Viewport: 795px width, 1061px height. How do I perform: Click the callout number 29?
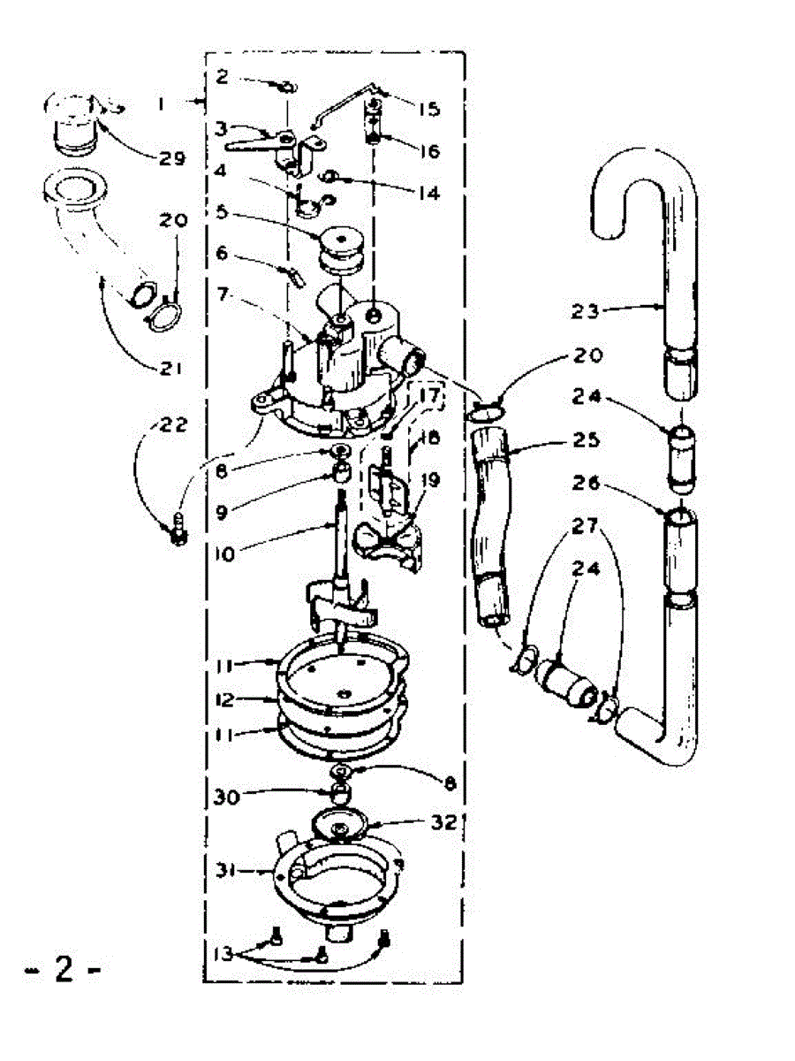tap(173, 159)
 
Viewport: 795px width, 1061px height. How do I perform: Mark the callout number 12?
tap(223, 700)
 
